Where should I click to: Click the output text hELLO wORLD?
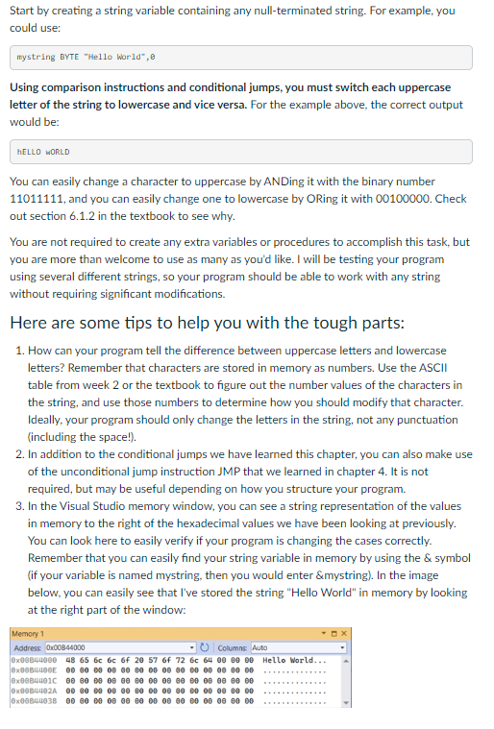click(x=43, y=152)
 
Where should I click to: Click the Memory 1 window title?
click(x=29, y=634)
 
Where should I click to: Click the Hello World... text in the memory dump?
click(x=286, y=660)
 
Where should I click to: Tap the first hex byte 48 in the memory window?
click(x=69, y=660)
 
